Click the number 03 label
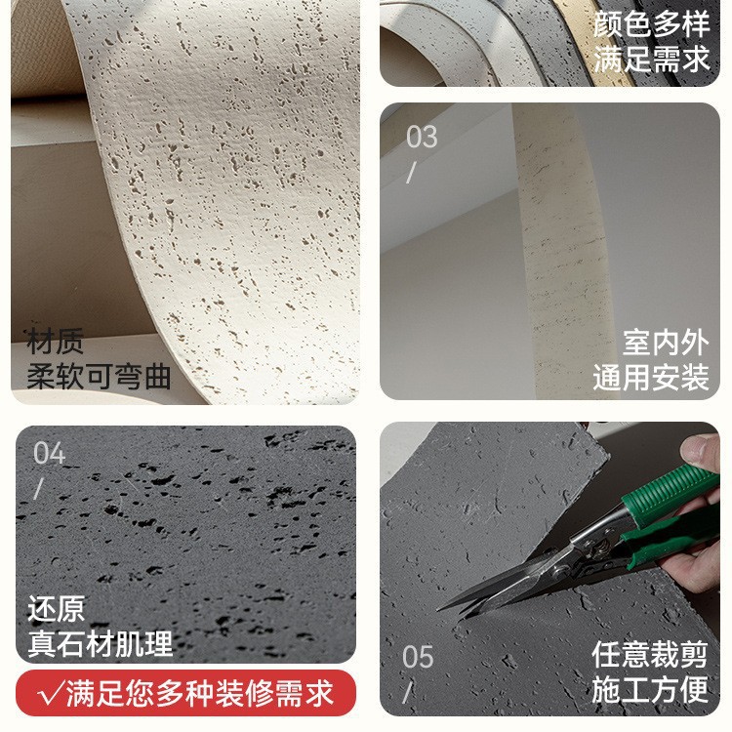tap(422, 137)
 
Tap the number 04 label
tap(49, 453)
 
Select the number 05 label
tap(418, 657)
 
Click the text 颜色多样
tap(651, 24)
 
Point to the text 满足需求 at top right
tap(651, 59)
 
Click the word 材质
tap(55, 342)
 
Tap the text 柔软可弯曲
tap(99, 377)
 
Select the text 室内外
tap(666, 344)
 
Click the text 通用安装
tap(651, 377)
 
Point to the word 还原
tap(57, 608)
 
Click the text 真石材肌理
tap(100, 643)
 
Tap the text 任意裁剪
tap(650, 655)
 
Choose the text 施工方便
tap(650, 689)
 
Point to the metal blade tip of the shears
tap(439, 609)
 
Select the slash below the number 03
tap(411, 172)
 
